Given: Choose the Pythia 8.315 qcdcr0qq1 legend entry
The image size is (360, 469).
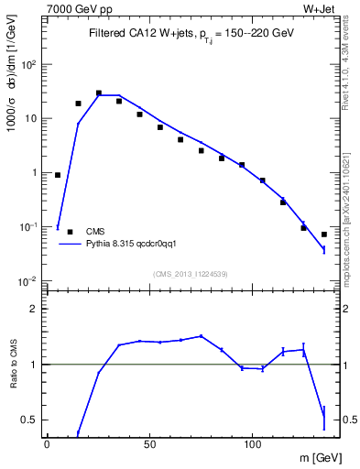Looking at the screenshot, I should coord(128,245).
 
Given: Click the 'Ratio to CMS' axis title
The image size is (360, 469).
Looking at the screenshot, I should coord(12,365).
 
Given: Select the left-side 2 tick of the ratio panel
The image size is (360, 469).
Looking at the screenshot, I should coord(33,309).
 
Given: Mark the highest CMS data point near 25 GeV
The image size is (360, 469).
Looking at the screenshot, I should coord(98,93).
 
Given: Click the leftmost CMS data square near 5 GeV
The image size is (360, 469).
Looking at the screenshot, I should coord(58,174).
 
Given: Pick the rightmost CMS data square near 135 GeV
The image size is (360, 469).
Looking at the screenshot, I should coord(323,234).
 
